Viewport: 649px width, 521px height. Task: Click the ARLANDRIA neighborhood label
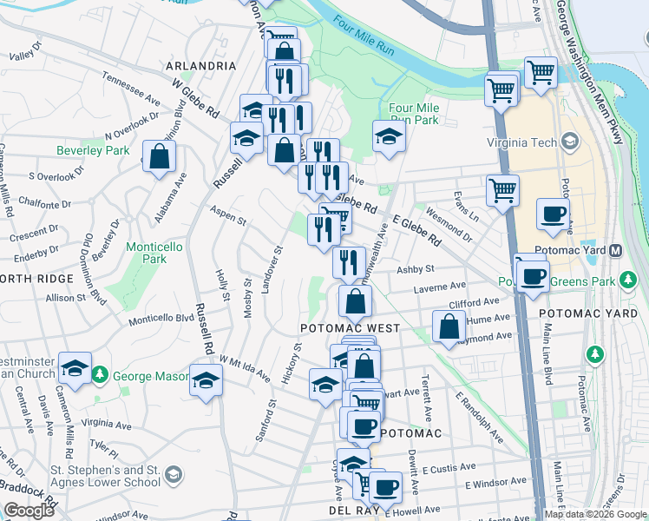(x=202, y=66)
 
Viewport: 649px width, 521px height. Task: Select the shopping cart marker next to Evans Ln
(x=502, y=190)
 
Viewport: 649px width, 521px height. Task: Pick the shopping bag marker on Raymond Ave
(x=448, y=328)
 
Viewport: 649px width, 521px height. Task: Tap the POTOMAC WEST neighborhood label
(x=350, y=328)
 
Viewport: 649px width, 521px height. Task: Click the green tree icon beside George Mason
(x=101, y=375)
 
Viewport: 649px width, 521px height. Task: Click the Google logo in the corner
(x=29, y=511)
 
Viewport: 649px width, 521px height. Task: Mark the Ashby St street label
(x=415, y=270)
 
